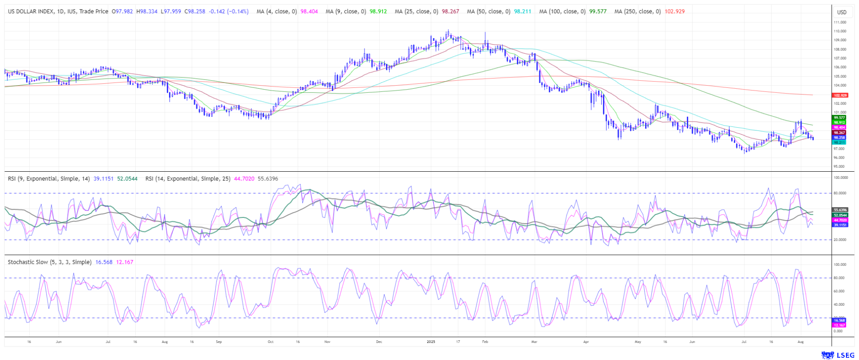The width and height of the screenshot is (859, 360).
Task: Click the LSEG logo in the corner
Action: point(837,355)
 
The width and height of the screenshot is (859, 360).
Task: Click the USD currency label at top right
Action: point(842,12)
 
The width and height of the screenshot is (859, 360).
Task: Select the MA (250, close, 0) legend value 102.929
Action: point(674,12)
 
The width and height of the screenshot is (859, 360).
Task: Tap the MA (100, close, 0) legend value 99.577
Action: point(598,12)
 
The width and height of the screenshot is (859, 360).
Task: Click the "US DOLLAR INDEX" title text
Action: point(30,12)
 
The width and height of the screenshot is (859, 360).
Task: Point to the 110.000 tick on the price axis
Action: point(840,31)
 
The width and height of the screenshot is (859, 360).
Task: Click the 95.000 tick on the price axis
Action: point(839,167)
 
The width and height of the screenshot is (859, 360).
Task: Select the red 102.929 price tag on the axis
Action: point(840,95)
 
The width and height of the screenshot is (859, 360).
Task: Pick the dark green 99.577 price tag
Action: point(839,117)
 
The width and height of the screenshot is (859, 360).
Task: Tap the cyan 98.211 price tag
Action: point(839,143)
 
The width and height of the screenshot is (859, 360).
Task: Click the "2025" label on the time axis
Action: point(431,342)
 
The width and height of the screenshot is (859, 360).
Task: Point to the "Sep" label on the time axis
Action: point(219,342)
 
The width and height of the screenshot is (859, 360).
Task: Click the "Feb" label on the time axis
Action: point(485,342)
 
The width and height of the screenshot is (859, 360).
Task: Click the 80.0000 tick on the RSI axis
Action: point(840,193)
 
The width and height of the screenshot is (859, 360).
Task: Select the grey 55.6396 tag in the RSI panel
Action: point(840,210)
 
